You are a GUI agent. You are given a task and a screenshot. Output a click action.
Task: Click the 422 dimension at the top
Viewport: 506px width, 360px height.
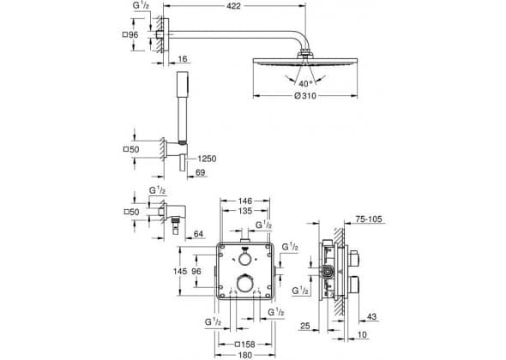click(233, 7)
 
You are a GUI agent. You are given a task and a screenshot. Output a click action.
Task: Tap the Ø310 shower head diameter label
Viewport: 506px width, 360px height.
click(305, 96)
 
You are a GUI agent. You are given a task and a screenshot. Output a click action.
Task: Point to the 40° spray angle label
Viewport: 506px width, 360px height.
click(305, 84)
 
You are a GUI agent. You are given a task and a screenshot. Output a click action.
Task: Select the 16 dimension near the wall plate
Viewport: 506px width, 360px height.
click(183, 59)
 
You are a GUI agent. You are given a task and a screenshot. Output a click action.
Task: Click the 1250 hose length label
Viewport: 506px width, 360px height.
click(207, 159)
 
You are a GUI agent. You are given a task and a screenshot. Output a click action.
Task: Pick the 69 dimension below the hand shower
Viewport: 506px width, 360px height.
click(201, 173)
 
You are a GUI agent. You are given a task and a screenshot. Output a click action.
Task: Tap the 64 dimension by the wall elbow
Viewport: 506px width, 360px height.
click(199, 234)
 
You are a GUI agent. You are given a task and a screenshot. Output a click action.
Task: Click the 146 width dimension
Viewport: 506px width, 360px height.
click(245, 201)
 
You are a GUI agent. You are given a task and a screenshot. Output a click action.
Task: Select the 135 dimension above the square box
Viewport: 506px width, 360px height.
click(245, 211)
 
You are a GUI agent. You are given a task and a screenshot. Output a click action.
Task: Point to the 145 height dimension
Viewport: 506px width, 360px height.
click(180, 272)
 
